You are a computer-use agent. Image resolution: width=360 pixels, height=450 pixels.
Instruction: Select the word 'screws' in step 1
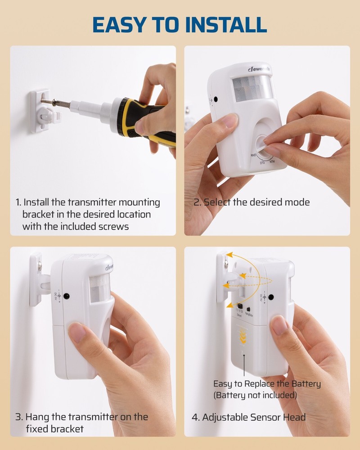(x=113, y=227)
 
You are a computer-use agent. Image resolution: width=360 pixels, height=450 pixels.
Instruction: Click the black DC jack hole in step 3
(x=67, y=296)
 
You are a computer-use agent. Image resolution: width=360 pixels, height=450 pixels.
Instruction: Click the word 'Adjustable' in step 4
(x=225, y=417)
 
